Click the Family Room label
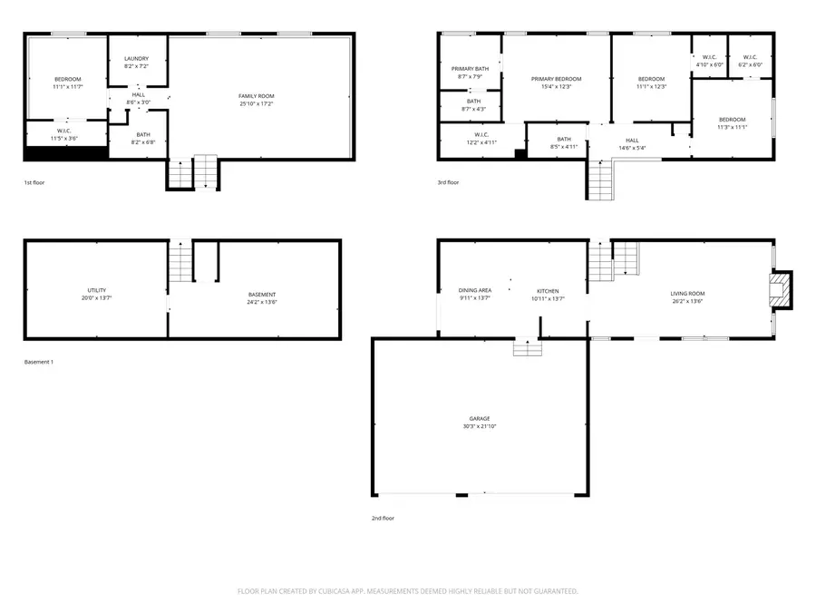click(257, 96)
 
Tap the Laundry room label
click(136, 59)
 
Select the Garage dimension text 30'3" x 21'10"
click(480, 426)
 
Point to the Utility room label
click(95, 289)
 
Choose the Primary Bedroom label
click(557, 79)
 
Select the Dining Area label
click(474, 291)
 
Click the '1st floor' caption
click(34, 182)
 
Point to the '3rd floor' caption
click(448, 182)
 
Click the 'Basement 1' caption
click(39, 362)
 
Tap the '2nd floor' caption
click(382, 518)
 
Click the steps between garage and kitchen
click(527, 348)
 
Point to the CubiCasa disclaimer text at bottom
click(407, 590)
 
